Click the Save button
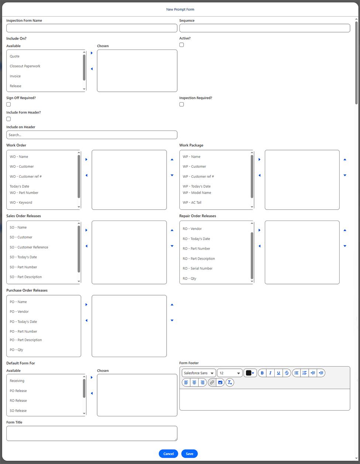(189, 454)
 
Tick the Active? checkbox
(182, 45)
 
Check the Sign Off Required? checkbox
(8, 104)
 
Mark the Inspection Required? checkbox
(182, 104)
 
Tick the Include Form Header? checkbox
(8, 119)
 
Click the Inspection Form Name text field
(92, 28)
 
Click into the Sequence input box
(265, 28)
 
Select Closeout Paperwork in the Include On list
(25, 66)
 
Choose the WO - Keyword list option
(21, 202)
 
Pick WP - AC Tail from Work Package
(192, 202)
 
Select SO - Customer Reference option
(29, 247)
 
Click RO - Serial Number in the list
(198, 269)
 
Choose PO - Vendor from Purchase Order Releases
(19, 312)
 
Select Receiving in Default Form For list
(17, 381)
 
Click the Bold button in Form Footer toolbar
(262, 373)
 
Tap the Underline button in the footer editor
(279, 373)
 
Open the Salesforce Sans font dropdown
(199, 373)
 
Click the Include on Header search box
(92, 135)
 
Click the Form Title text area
(92, 433)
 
